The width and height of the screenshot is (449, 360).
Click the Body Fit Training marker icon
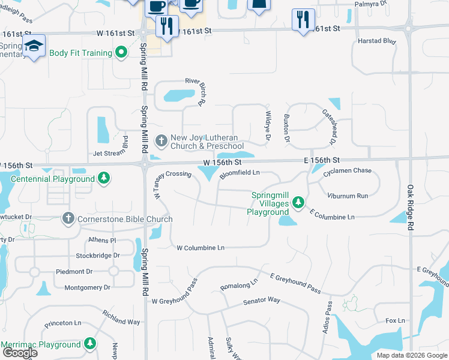[122, 53]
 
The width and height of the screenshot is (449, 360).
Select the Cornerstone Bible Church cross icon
[68, 218]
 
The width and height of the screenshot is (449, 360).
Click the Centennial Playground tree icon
[104, 178]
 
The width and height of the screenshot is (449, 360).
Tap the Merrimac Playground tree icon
[90, 344]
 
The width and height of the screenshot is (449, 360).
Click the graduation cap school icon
[34, 45]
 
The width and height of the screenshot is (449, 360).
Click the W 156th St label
[222, 163]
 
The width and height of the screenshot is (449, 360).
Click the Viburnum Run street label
[348, 196]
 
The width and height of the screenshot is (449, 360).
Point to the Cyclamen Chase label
[348, 171]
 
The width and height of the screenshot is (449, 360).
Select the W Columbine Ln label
[200, 247]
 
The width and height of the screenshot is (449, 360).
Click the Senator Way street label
[261, 300]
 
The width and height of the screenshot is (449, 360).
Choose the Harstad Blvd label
[377, 41]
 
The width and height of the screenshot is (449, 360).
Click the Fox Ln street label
[395, 321]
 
